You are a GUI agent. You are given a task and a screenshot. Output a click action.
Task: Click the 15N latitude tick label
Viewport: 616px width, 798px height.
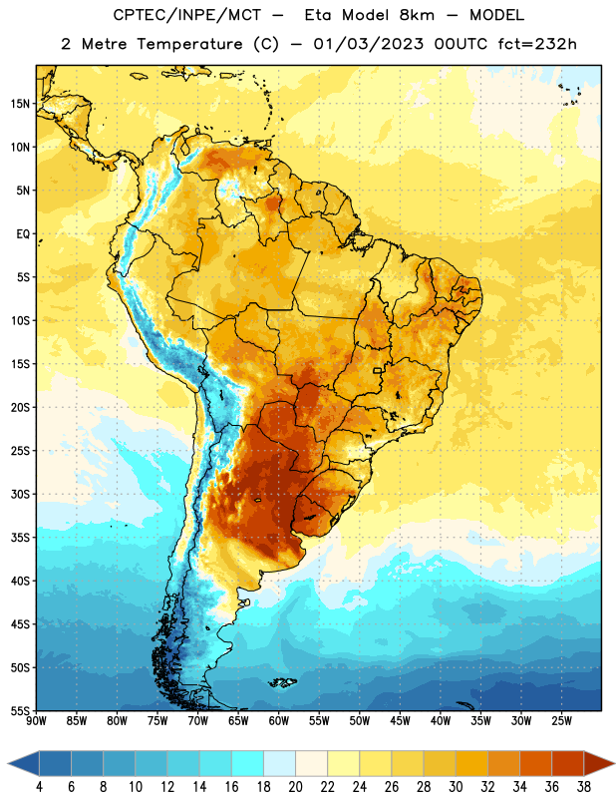(x=20, y=104)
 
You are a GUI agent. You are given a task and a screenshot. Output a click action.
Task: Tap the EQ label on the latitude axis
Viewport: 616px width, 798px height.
(x=23, y=234)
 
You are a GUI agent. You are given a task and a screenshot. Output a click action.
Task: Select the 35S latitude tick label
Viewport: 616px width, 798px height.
(x=20, y=538)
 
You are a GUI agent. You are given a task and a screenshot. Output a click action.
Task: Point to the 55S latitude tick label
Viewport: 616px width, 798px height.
(x=20, y=710)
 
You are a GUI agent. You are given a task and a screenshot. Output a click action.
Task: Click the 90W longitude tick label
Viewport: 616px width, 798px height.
(x=37, y=721)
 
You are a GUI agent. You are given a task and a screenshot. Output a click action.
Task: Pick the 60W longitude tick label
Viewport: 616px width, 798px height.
(x=279, y=721)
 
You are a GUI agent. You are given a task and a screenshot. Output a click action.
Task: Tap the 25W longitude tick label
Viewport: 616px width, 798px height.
(x=561, y=721)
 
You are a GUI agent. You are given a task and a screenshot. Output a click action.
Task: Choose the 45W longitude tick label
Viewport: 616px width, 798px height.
(x=400, y=721)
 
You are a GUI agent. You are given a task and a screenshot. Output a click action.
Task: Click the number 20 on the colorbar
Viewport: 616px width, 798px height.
(x=295, y=787)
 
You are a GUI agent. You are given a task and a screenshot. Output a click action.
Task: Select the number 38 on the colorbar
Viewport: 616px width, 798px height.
(x=584, y=787)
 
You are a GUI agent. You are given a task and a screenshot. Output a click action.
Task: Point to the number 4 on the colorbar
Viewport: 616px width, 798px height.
(x=39, y=787)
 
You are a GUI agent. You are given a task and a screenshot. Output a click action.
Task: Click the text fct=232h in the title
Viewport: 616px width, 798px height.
(x=537, y=44)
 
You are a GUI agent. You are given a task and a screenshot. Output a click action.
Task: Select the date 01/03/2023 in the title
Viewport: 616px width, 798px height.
(x=368, y=44)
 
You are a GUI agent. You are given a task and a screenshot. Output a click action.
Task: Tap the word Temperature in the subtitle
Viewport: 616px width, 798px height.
(x=189, y=44)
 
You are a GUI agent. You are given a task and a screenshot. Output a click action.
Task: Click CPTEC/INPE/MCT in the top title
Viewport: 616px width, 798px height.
(x=186, y=15)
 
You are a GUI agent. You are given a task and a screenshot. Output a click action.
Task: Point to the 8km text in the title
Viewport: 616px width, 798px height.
(x=417, y=15)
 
